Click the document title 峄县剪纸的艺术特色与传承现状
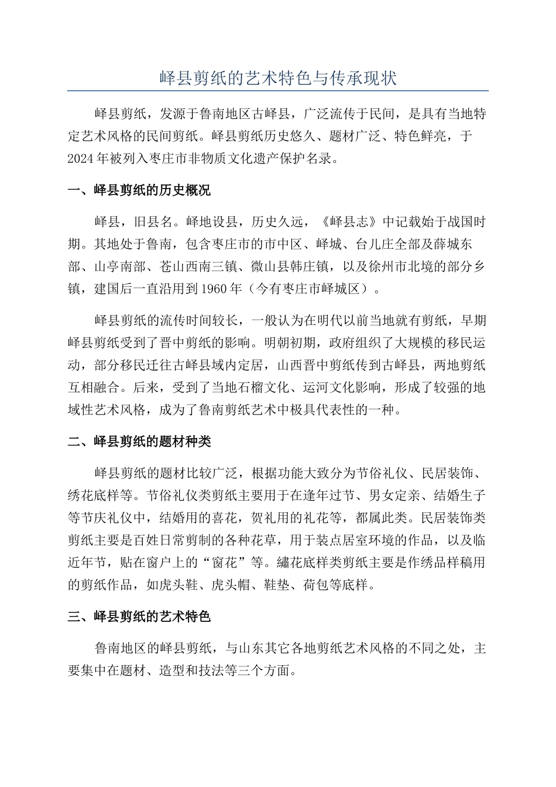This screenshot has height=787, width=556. tap(278, 78)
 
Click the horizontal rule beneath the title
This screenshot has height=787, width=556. tap(278, 91)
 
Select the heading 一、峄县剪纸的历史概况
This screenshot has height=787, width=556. tap(139, 190)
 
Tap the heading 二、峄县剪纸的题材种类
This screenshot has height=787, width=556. tap(139, 442)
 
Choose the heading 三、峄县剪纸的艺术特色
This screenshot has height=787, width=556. tap(139, 617)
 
